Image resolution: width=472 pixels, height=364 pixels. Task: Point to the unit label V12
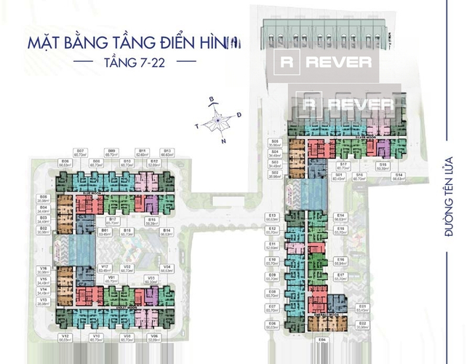click(65, 337)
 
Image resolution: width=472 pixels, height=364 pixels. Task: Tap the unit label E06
click(271, 325)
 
